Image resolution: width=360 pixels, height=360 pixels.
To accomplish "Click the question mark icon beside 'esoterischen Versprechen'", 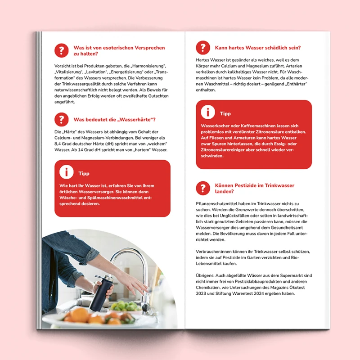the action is [61, 50].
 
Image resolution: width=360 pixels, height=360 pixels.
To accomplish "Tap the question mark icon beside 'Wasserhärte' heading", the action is [61, 119].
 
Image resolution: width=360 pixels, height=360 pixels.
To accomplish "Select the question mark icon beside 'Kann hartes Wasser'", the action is [203, 48].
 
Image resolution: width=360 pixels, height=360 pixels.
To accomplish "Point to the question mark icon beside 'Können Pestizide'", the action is [203, 188].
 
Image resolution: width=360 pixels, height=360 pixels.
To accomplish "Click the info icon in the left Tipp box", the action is [66, 172].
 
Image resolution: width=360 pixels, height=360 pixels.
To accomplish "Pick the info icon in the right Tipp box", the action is [208, 112].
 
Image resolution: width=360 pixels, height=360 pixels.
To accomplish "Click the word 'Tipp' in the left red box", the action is [84, 174].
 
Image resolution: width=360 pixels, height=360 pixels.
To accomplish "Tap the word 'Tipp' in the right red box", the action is [225, 114].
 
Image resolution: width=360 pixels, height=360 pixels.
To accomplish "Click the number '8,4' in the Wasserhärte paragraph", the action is [58, 144].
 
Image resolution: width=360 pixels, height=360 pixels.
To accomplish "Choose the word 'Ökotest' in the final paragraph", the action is [297, 288].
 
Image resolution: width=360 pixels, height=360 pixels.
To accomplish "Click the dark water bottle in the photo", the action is [101, 292].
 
